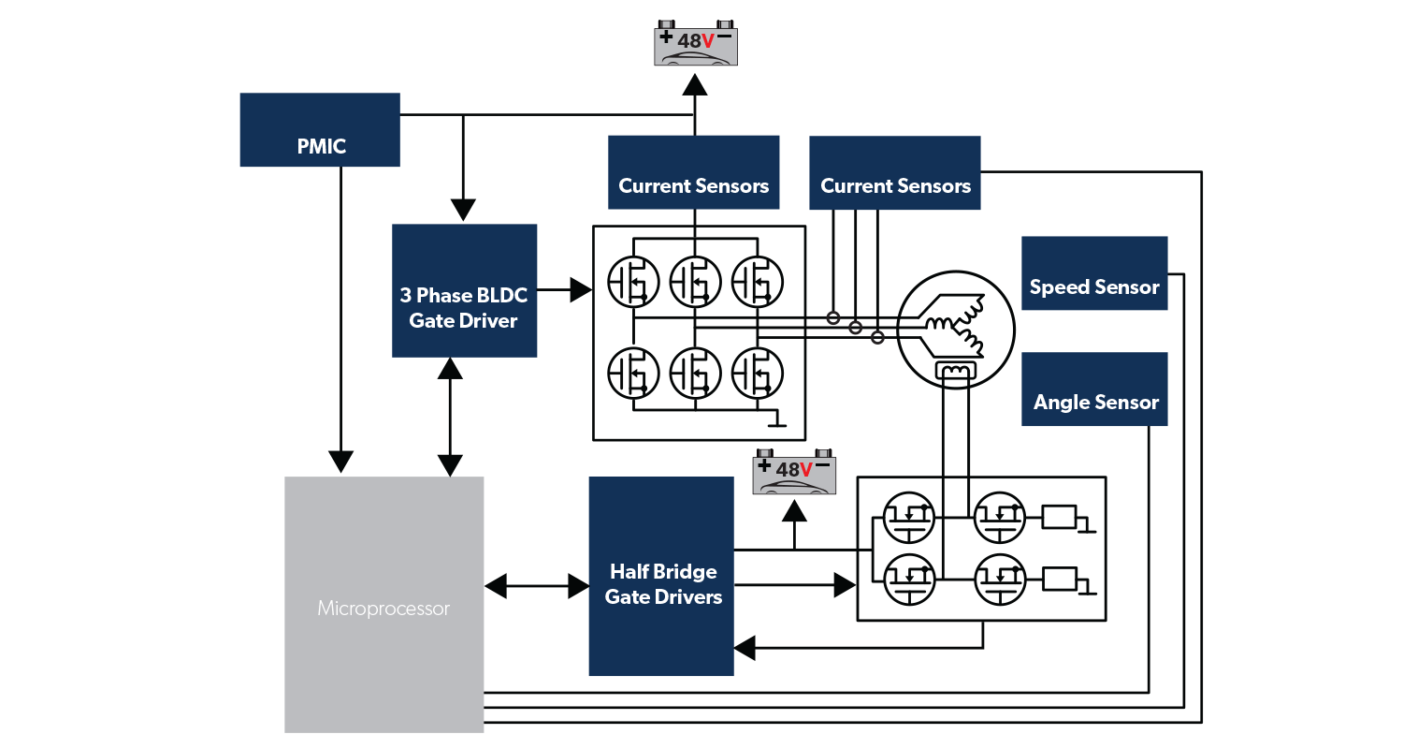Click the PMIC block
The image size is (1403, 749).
320,130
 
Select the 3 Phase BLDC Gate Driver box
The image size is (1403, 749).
464,290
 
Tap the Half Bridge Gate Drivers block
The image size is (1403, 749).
660,577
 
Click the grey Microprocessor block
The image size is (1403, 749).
383,605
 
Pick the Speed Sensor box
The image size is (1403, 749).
1094,272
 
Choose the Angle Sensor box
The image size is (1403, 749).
1094,389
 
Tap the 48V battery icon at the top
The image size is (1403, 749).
695,42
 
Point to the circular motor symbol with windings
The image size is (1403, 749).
955,327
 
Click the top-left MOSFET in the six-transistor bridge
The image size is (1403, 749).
633,280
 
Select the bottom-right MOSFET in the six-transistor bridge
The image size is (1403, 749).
757,373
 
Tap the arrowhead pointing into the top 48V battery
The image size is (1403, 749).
694,84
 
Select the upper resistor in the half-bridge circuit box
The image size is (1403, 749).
1059,516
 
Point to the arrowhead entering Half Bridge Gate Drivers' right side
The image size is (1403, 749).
745,647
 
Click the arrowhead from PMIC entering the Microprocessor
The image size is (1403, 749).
340,461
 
